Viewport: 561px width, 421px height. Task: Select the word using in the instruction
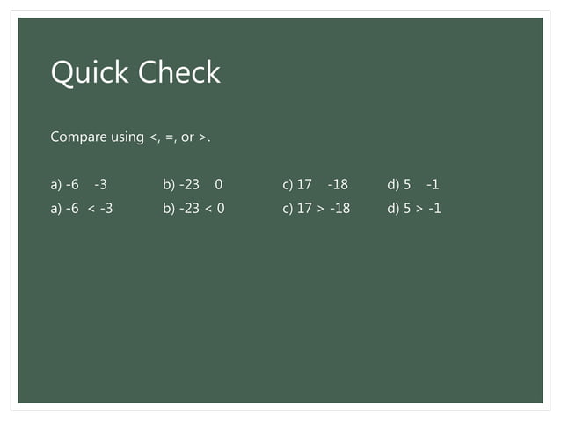127,138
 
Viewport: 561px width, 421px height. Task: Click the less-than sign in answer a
91,210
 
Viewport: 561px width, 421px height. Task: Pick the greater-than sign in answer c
321,210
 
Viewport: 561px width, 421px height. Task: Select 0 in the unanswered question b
218,185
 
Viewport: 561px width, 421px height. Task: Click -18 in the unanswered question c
338,185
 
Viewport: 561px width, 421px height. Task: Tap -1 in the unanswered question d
432,185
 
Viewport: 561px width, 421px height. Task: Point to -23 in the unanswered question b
189,185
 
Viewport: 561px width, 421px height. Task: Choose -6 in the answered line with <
72,210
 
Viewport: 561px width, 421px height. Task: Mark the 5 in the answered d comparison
408,210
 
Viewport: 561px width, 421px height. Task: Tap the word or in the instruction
187,138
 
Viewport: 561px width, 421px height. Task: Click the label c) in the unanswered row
288,185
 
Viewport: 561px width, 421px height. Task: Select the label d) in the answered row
393,210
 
